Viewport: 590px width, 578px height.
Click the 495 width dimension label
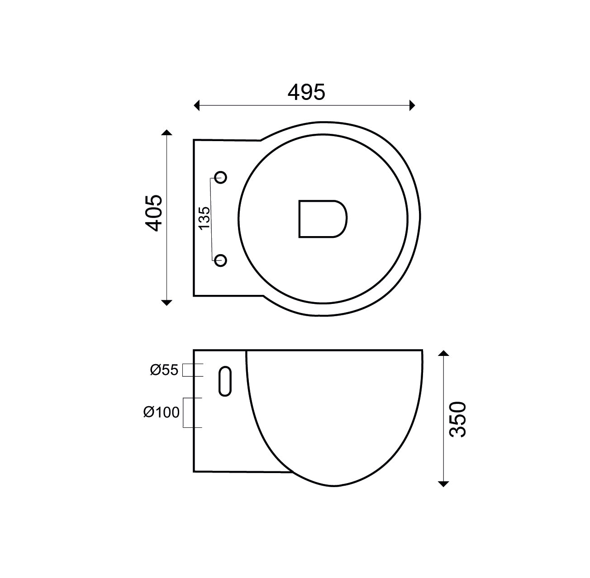[x=306, y=92]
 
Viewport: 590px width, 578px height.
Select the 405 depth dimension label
[x=154, y=213]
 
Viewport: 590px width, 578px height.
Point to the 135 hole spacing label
[x=204, y=218]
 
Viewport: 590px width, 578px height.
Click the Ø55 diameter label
[x=164, y=370]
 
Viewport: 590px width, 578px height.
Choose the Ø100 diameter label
[x=162, y=412]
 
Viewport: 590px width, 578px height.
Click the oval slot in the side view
[x=225, y=381]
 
